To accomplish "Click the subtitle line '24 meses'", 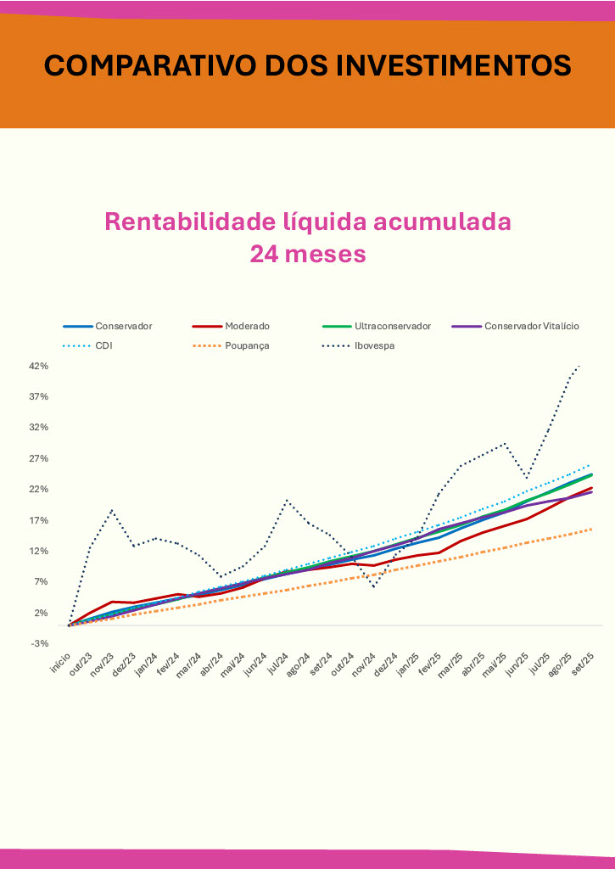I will pyautogui.click(x=307, y=254).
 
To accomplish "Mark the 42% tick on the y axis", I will pyautogui.click(x=40, y=366).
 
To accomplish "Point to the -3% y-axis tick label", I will pyautogui.click(x=40, y=643).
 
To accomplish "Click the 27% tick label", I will pyautogui.click(x=40, y=458).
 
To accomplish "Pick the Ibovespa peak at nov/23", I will pyautogui.click(x=112, y=510).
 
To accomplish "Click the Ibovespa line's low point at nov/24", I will pyautogui.click(x=373, y=586).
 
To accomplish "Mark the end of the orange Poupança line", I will pyautogui.click(x=591, y=529).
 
